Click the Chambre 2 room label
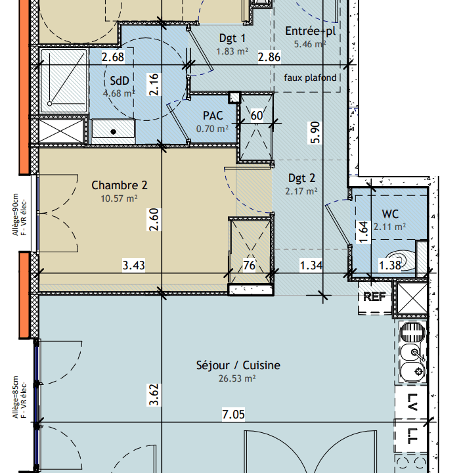(120, 185)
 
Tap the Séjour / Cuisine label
(238, 365)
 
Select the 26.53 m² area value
(237, 378)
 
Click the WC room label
(390, 214)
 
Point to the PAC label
(213, 116)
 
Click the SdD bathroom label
(120, 81)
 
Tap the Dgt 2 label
(302, 178)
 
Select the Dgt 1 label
(232, 38)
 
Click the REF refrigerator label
(374, 297)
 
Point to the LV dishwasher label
(411, 402)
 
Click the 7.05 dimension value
(233, 414)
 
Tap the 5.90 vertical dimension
(315, 133)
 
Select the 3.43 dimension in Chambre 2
(133, 265)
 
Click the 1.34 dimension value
(311, 265)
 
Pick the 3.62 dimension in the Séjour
(154, 395)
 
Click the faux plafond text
(310, 78)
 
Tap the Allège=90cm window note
(15, 214)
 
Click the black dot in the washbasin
(114, 131)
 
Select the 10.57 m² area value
(119, 198)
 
